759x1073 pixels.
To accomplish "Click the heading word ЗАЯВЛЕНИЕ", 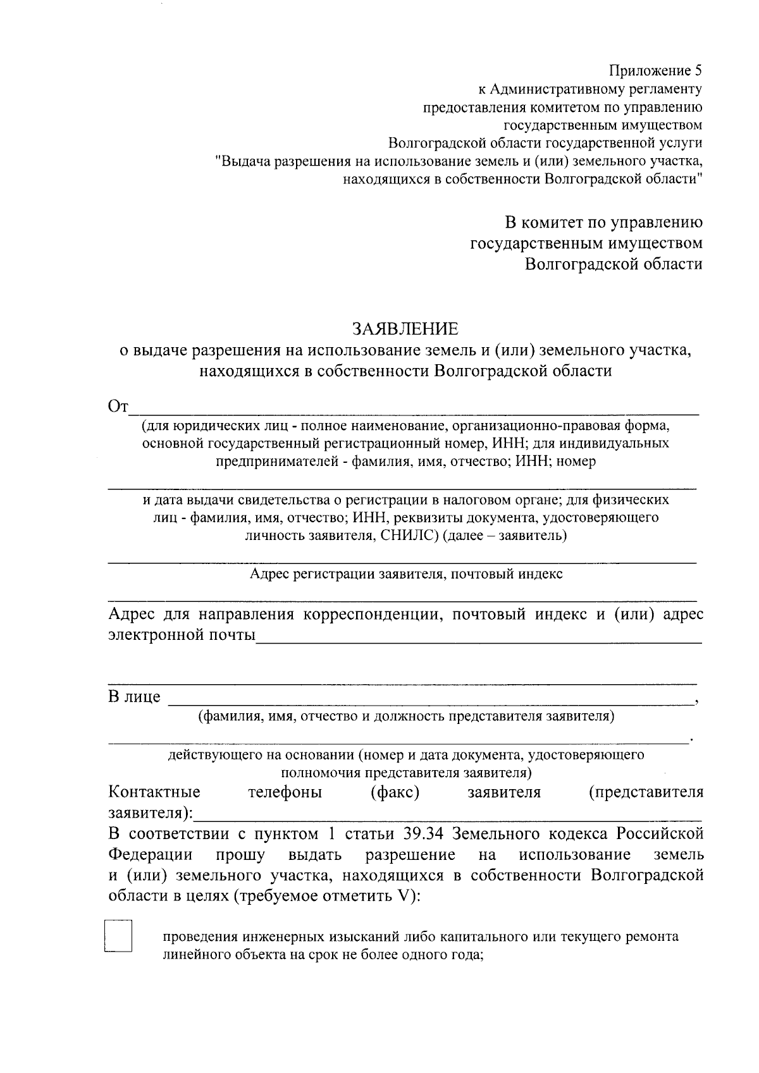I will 405,329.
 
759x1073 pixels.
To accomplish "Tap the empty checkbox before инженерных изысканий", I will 118,936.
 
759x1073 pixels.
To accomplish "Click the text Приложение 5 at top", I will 655,70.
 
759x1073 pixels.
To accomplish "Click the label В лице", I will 135,697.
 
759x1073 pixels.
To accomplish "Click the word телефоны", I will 285,792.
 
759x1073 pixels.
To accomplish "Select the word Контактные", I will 154,792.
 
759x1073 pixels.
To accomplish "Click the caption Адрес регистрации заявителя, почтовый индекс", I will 405,574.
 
